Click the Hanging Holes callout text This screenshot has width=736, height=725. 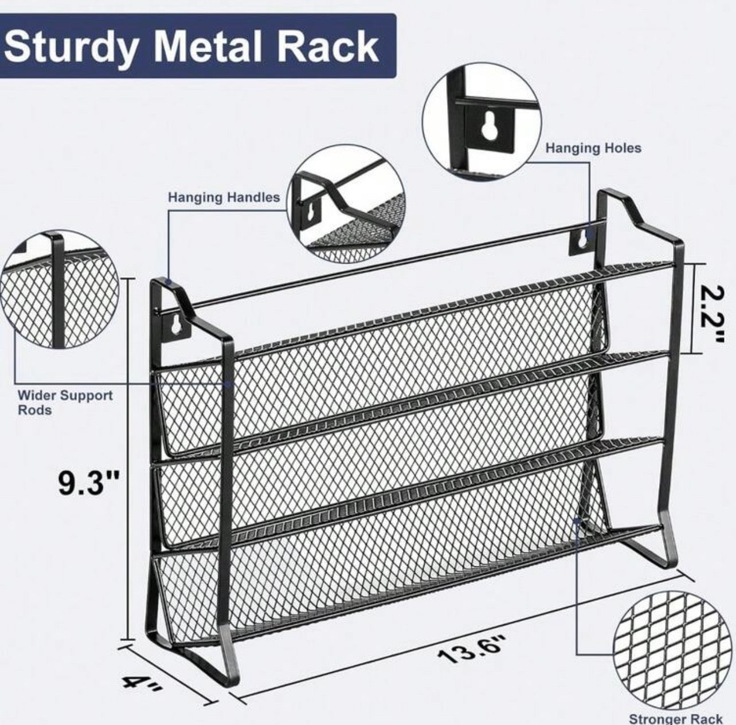tap(593, 148)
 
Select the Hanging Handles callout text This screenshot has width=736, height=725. tap(224, 198)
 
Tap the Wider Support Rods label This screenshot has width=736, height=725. tap(65, 402)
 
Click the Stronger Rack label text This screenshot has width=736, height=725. tap(676, 718)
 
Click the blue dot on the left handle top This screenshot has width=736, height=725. tap(168, 281)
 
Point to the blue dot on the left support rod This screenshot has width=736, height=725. tap(228, 384)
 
